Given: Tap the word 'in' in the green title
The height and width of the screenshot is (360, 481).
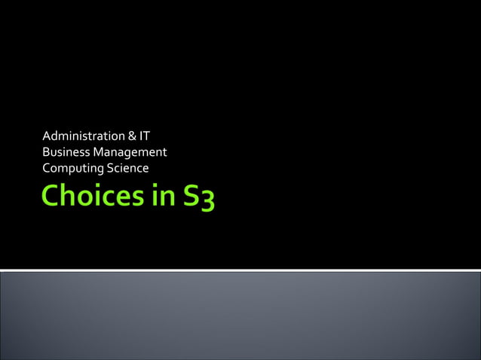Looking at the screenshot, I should coord(156,197).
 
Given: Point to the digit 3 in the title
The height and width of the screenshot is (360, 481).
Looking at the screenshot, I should coord(206,200).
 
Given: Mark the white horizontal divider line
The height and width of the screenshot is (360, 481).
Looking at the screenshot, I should coord(240,270).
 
